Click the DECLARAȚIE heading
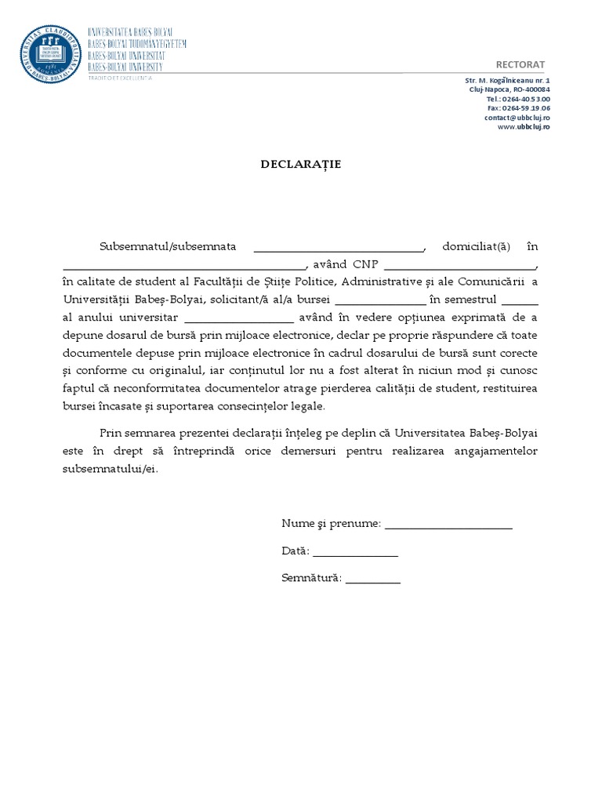pyautogui.click(x=300, y=165)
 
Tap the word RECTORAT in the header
pyautogui.click(x=520, y=64)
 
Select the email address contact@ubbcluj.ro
pyautogui.click(x=517, y=118)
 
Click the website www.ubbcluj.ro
pyautogui.click(x=524, y=127)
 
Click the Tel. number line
pyautogui.click(x=518, y=100)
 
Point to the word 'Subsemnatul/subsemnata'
pyautogui.click(x=168, y=246)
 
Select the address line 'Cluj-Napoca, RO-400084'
pyautogui.click(x=510, y=90)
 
